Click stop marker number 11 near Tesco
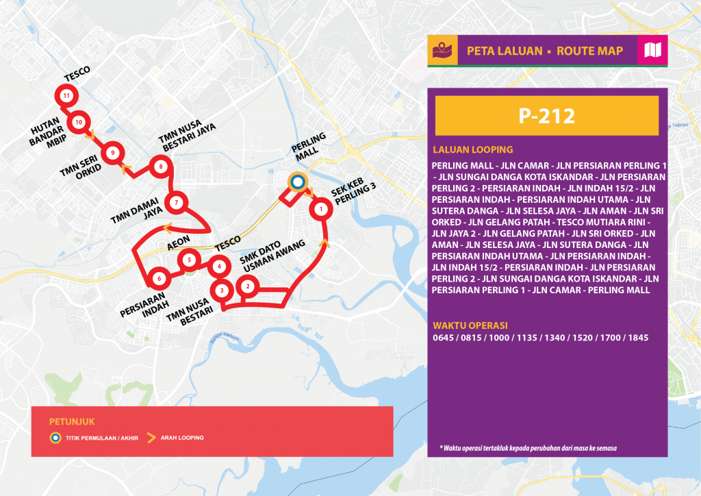[66, 96]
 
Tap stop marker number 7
[177, 202]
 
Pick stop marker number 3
[221, 290]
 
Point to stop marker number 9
[112, 152]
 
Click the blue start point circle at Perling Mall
[296, 182]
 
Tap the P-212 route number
[546, 115]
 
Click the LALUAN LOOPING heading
[472, 150]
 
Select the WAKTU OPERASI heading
[470, 325]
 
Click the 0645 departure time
[444, 338]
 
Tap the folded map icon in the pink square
[652, 51]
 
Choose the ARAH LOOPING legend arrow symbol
[151, 437]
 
